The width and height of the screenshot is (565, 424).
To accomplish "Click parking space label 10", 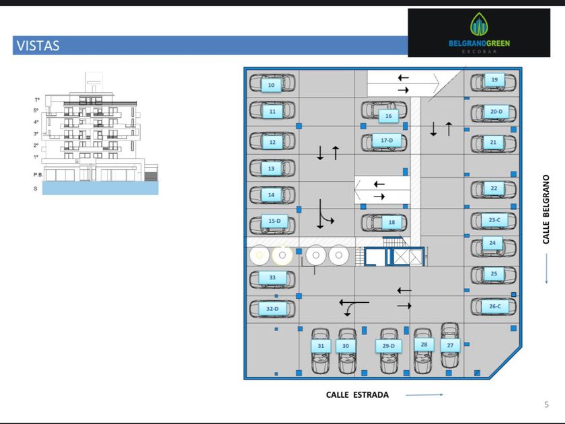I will tap(271, 85).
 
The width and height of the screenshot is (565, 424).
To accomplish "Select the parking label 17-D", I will tap(386, 140).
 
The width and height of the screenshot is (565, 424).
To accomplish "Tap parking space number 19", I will tap(494, 80).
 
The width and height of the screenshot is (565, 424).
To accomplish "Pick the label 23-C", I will tap(494, 220).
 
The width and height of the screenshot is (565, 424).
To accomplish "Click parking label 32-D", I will tap(272, 309).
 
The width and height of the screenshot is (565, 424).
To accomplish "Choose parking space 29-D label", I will tap(388, 346).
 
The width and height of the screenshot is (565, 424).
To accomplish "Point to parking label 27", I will tap(450, 345).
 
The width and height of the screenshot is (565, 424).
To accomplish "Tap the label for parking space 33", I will tap(272, 277).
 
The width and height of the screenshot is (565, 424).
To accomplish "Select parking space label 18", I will tap(391, 222).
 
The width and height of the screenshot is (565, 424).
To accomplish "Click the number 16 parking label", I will tap(388, 116).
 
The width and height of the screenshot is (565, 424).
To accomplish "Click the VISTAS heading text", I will tap(37, 46).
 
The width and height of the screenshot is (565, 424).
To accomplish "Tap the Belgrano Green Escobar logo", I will tap(479, 32).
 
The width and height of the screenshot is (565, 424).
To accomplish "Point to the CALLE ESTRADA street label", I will tap(357, 395).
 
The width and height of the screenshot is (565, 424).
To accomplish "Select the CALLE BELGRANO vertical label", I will tap(546, 210).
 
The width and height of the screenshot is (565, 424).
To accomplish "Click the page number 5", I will tap(546, 404).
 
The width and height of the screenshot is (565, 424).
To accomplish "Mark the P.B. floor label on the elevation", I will tap(38, 174).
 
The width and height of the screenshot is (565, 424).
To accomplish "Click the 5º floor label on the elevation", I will tap(36, 110).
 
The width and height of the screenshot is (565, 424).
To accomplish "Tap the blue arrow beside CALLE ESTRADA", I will tap(424, 395).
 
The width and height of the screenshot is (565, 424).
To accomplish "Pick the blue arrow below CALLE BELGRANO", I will tap(546, 272).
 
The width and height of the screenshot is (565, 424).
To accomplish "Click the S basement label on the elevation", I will tap(36, 188).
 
